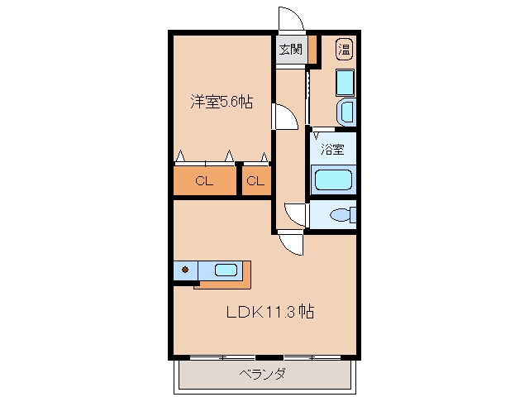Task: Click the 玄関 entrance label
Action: pyautogui.click(x=290, y=50)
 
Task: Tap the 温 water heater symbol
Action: pyautogui.click(x=345, y=50)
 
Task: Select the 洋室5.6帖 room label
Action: pyautogui.click(x=222, y=102)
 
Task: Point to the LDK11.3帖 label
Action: pyautogui.click(x=270, y=312)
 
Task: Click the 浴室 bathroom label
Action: pyautogui.click(x=332, y=149)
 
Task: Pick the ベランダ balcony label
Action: pyautogui.click(x=263, y=374)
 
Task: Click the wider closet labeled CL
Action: pyautogui.click(x=204, y=181)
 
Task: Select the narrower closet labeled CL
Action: pyautogui.click(x=255, y=181)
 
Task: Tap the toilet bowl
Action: pyautogui.click(x=342, y=215)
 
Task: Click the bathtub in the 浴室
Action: pyautogui.click(x=333, y=180)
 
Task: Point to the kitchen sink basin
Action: pyautogui.click(x=226, y=270)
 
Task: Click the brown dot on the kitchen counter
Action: pyautogui.click(x=185, y=270)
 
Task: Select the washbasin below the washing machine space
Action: pyautogui.click(x=346, y=112)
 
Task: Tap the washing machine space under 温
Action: pyautogui.click(x=345, y=83)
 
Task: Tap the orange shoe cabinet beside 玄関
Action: pyautogui.click(x=312, y=50)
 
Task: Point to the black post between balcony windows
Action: pyautogui.click(x=269, y=357)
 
